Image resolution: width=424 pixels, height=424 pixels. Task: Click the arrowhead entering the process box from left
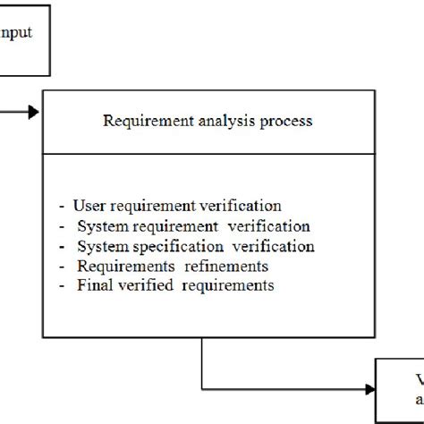click(33, 112)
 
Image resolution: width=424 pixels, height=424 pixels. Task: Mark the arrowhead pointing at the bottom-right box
click(369, 389)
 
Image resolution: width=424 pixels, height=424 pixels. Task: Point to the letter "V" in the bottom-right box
click(418, 377)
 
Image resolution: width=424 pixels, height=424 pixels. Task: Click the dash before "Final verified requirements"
click(61, 286)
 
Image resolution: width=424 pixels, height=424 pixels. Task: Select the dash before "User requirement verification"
click(61, 206)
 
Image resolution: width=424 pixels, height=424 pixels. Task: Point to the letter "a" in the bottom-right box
click(419, 399)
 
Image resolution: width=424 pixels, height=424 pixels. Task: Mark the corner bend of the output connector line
click(203, 389)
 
